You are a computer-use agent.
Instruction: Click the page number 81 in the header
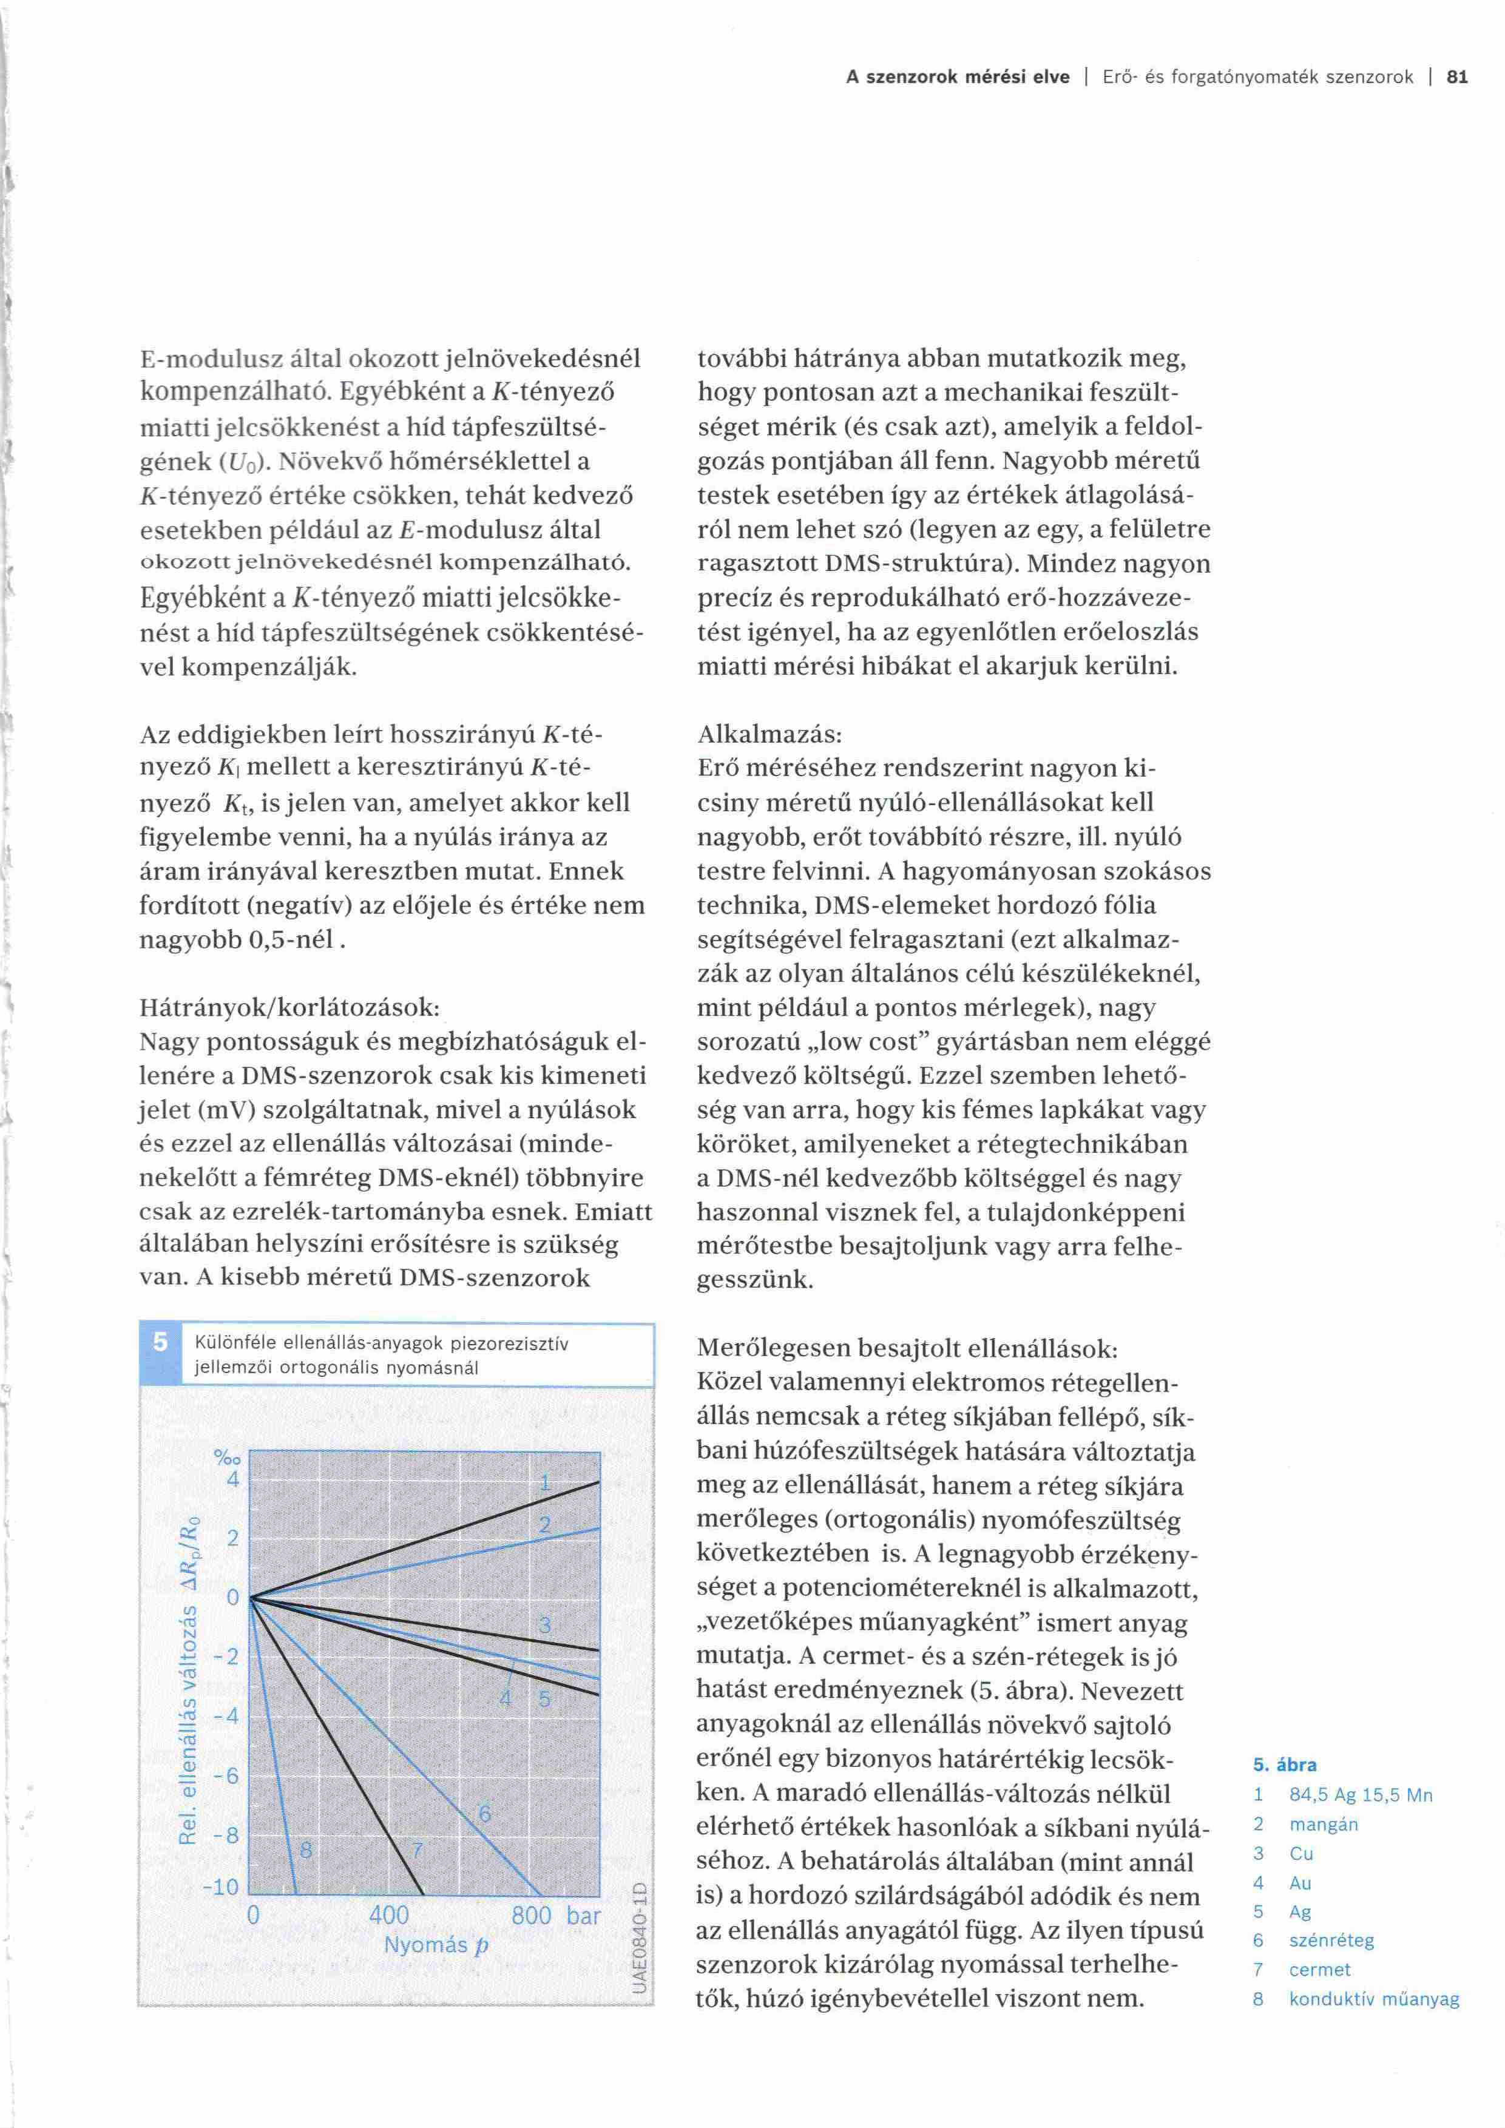1457,78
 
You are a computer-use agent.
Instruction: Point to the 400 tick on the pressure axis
388,1915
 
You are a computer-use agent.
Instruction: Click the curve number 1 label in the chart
546,1483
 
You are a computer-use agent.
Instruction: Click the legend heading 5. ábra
1285,1765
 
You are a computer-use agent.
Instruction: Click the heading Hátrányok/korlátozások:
289,1007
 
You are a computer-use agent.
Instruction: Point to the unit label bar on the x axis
584,1915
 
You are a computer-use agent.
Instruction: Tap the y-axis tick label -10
222,1887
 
